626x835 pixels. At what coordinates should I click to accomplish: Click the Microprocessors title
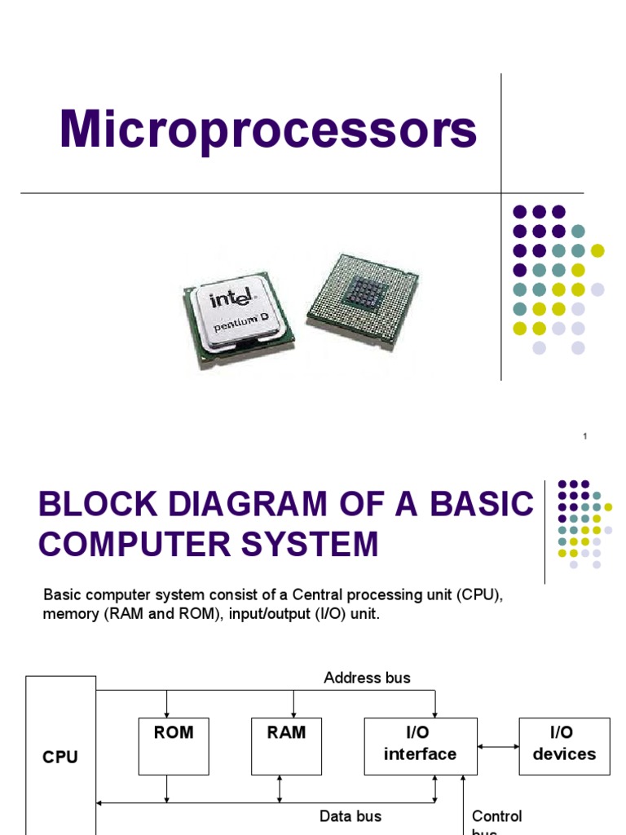click(268, 130)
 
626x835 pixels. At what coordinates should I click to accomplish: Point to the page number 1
click(585, 438)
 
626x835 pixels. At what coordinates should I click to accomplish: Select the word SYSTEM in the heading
click(315, 544)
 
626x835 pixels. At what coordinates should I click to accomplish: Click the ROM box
click(174, 745)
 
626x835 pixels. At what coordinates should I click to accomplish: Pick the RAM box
click(286, 745)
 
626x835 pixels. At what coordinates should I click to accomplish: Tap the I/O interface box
click(420, 745)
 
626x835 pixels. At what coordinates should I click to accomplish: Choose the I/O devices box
click(564, 745)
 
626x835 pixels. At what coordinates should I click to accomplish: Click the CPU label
click(60, 758)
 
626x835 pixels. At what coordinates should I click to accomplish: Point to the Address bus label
click(367, 678)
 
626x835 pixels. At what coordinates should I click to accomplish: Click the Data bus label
click(350, 815)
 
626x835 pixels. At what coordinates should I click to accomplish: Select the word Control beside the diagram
click(497, 816)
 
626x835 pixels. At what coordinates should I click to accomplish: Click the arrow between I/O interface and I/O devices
click(497, 745)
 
